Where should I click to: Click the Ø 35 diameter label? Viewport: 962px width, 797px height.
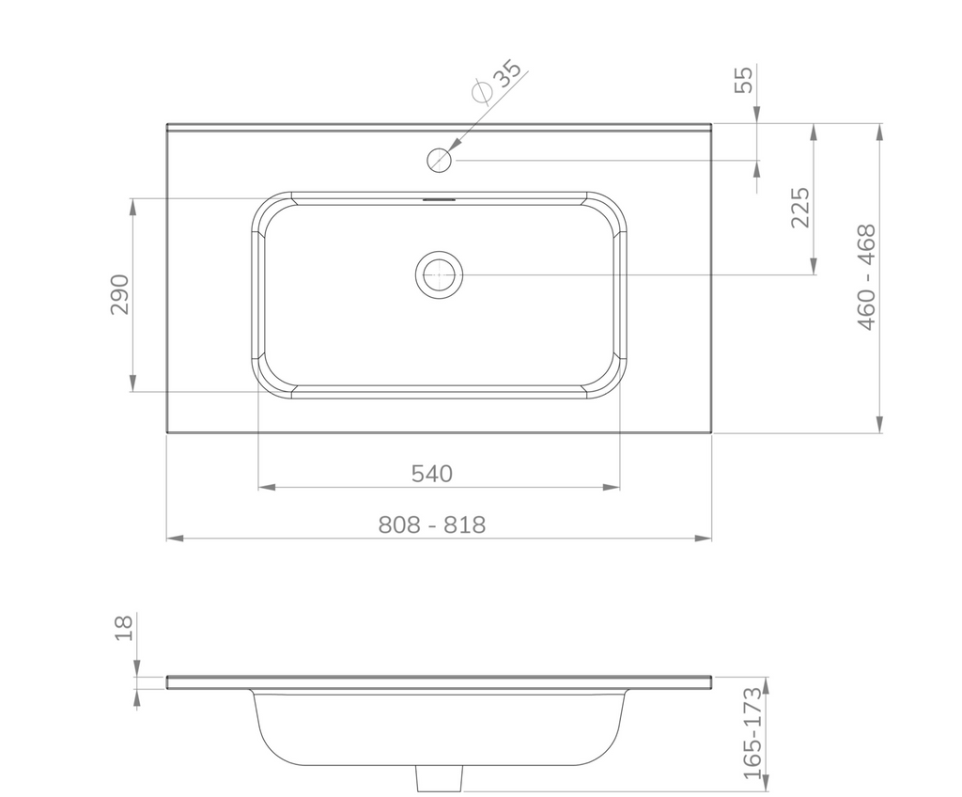click(x=497, y=81)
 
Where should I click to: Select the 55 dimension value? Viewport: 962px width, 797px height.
click(x=744, y=79)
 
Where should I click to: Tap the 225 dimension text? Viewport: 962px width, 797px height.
click(x=800, y=208)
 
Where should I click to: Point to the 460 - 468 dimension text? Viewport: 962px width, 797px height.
click(x=866, y=277)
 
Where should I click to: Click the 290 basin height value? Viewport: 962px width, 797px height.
click(x=120, y=295)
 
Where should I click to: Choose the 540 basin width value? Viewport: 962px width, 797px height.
click(x=432, y=474)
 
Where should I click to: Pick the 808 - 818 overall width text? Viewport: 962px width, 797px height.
click(x=432, y=525)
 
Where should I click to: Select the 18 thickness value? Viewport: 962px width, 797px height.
click(x=124, y=628)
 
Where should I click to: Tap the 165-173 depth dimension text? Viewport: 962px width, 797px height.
click(x=753, y=734)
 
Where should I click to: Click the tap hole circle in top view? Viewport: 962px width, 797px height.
click(x=440, y=161)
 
